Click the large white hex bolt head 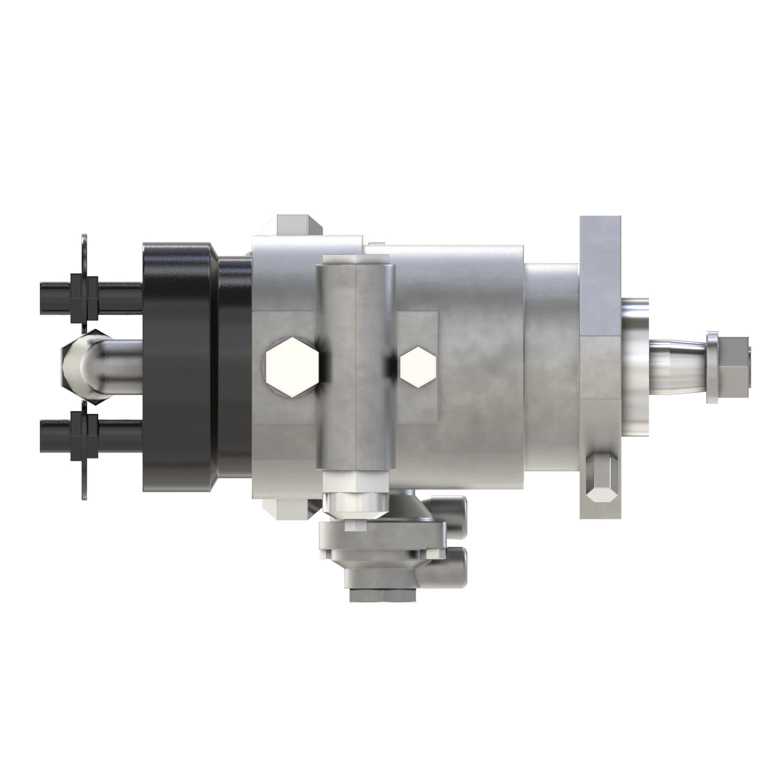(292, 366)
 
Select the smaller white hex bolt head (418, 366)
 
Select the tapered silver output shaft (676, 366)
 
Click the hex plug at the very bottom (382, 595)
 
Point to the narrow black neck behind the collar (235, 366)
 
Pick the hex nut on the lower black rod (84, 435)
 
